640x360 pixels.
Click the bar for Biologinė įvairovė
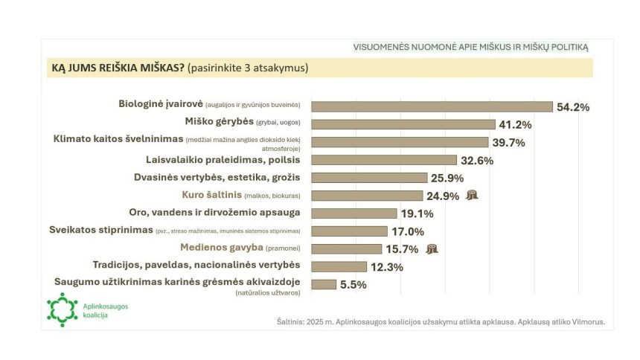432,106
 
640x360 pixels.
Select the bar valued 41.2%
403,124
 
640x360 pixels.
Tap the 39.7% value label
508,142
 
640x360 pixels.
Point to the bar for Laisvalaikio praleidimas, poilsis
383,160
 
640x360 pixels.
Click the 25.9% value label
447,178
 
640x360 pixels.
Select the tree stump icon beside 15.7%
433,249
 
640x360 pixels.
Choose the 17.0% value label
407,231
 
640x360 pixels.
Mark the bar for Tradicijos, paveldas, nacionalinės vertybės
339,266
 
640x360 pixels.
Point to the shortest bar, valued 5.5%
323,284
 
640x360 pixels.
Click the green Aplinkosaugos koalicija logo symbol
62,309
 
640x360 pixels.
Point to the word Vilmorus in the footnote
587,322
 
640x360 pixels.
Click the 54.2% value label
573,107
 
